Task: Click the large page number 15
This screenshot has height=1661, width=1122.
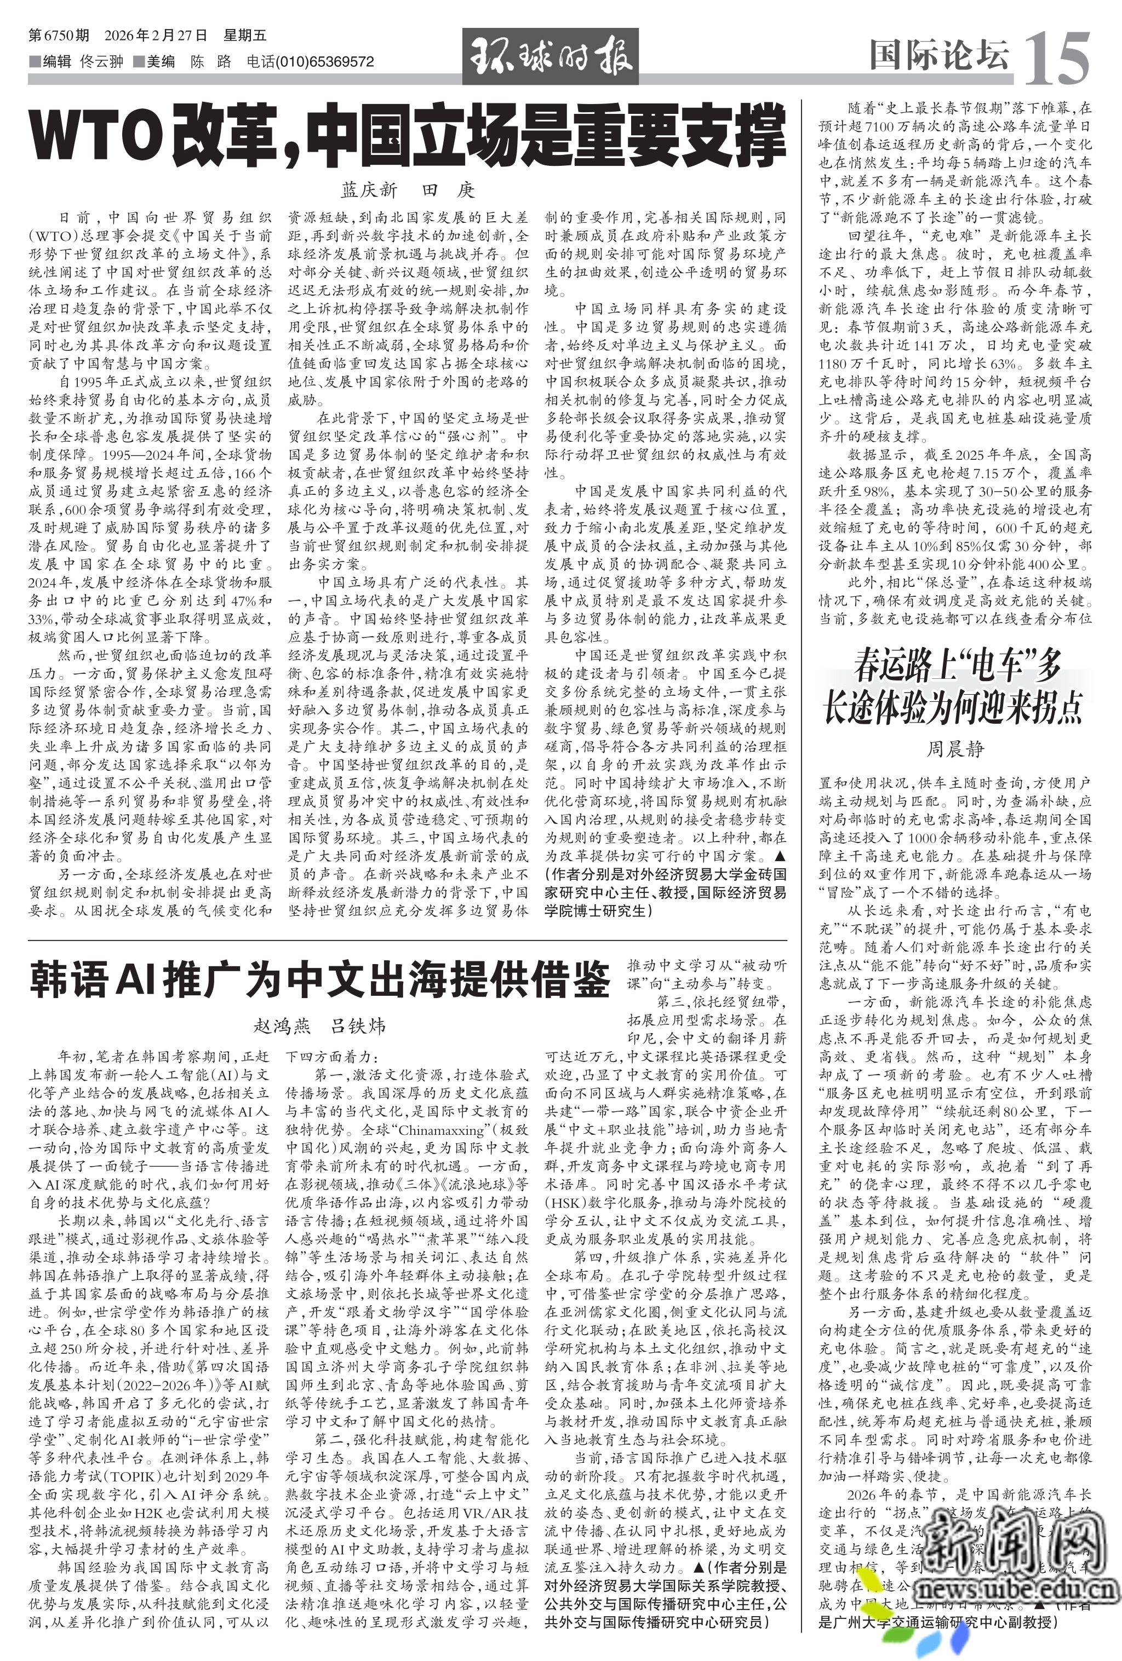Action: (x=1056, y=57)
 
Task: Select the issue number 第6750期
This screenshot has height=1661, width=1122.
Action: (x=59, y=35)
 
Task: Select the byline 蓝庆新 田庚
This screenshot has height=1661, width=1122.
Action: (x=408, y=190)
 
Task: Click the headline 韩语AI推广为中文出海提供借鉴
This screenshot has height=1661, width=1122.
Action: (x=319, y=980)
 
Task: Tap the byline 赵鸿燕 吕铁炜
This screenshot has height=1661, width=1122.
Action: (x=319, y=1026)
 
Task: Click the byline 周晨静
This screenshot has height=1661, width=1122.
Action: (x=955, y=749)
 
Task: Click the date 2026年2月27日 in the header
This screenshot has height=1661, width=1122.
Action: (x=156, y=35)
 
